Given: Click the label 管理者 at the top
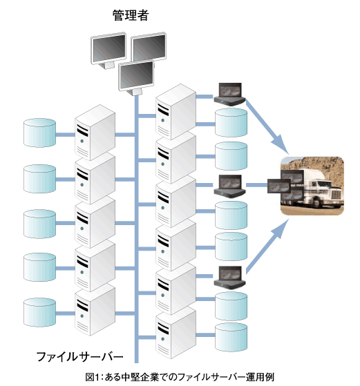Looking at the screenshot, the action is point(131,15).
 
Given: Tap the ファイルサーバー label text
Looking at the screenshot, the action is point(79,357).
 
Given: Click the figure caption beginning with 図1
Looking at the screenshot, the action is point(180,377).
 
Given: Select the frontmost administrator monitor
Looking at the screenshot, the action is point(136,78).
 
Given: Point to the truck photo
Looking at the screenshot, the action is point(312,186).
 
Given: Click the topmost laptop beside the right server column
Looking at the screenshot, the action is point(229,95).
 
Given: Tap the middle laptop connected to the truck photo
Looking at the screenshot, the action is point(229,186).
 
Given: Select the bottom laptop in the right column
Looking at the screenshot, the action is point(229,277).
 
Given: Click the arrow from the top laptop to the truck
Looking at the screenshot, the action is point(267,126).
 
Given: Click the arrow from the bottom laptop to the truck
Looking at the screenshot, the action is point(267,247).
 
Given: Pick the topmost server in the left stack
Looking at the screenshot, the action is point(95,132).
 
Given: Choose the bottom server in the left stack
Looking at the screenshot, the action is point(95,310).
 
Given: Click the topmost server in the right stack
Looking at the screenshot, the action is point(176,111).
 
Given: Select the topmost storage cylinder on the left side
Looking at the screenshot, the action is point(39,133).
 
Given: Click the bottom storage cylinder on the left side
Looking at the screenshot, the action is point(39,312).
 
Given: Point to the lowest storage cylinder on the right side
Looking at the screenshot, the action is point(231,337).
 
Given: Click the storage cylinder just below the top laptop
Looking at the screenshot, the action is point(231,123).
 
